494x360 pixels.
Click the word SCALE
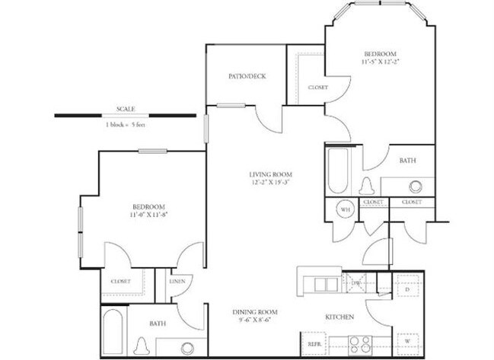(x=126, y=108)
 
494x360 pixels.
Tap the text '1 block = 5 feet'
(x=125, y=124)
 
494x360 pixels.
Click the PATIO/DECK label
(x=247, y=75)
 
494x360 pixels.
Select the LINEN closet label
(x=177, y=282)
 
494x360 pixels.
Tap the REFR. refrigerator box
(x=313, y=343)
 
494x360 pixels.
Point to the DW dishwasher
(x=355, y=284)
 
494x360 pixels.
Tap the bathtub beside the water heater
(x=337, y=170)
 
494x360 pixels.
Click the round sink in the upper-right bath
(x=416, y=186)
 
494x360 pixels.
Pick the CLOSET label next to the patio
(x=317, y=88)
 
